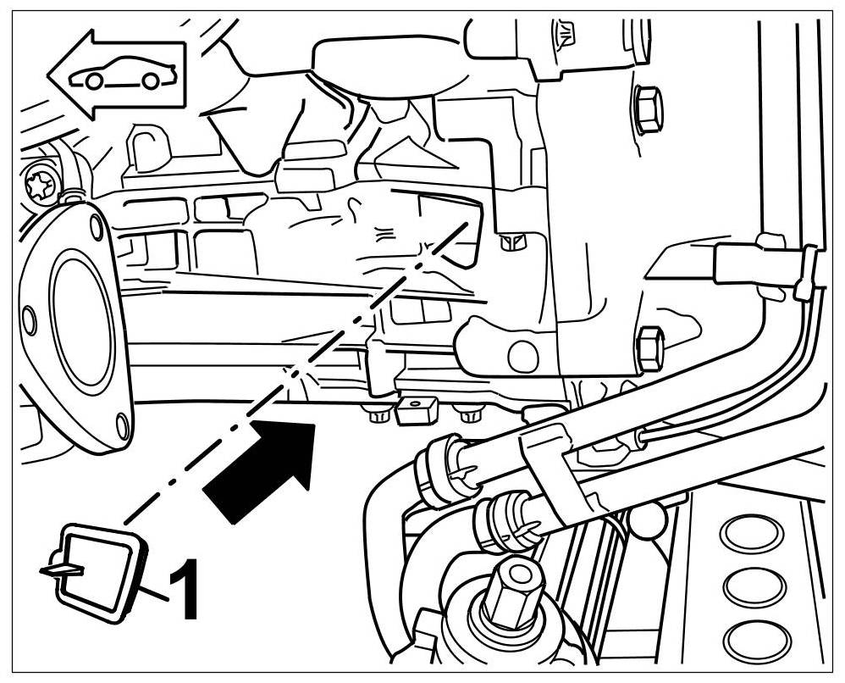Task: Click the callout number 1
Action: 184,589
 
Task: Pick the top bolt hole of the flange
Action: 96,225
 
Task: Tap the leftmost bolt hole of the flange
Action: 29,319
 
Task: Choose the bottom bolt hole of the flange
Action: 124,423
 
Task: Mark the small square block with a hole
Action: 416,411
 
